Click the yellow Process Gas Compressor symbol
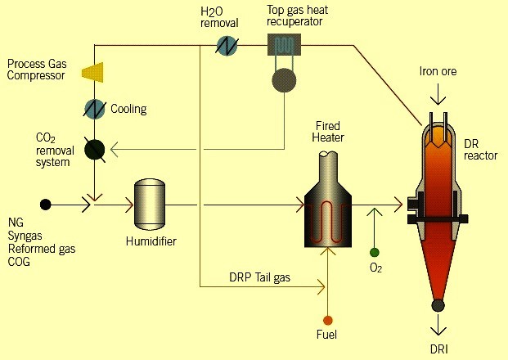coord(92,73)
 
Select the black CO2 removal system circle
coord(95,148)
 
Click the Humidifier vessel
coord(150,203)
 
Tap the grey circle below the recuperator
coord(285,80)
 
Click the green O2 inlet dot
coord(375,253)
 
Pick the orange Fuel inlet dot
coord(328,319)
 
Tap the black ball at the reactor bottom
coord(438,306)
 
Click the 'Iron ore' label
coord(438,72)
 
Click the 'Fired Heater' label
coord(327,132)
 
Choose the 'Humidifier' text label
coord(151,241)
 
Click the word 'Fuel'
coord(328,335)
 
